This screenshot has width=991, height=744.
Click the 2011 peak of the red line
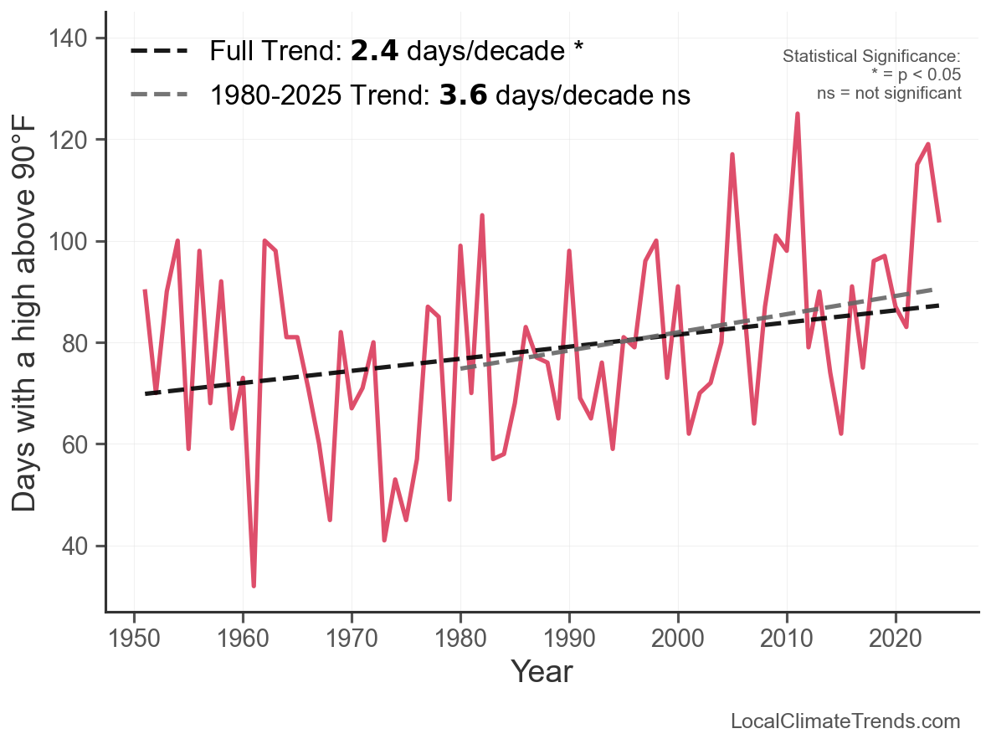click(798, 114)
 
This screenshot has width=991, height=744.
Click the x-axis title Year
click(542, 671)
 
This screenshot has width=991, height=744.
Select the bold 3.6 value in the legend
click(463, 95)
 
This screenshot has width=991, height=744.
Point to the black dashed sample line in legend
click(158, 52)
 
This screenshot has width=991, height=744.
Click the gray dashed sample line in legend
click(158, 95)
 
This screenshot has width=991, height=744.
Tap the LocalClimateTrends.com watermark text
click(845, 721)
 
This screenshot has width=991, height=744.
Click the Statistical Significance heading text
click(870, 56)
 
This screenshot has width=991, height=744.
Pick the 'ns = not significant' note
click(888, 93)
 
